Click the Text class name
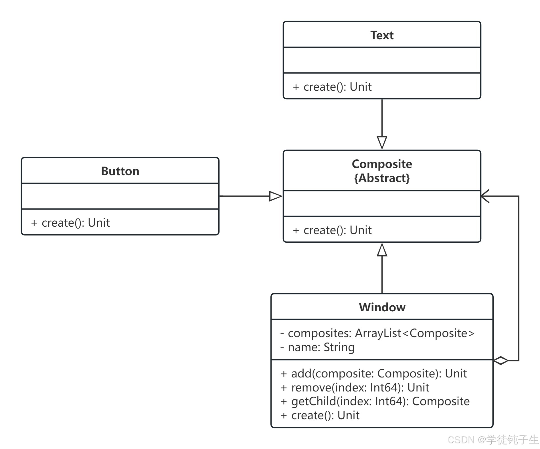click(382, 35)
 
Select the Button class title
click(120, 171)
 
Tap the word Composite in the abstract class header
click(382, 164)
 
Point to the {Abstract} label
click(382, 178)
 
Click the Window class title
click(382, 307)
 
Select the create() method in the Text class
click(332, 87)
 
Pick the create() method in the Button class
click(70, 223)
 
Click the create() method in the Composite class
click(332, 230)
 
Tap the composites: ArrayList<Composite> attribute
click(377, 333)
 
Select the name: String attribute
click(317, 347)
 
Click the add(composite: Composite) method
click(374, 373)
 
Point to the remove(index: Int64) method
click(355, 387)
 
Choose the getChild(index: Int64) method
click(375, 401)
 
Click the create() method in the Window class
click(320, 415)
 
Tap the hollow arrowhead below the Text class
click(382, 143)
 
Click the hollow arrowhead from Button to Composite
click(276, 196)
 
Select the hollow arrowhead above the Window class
click(382, 250)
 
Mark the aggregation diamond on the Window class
click(501, 361)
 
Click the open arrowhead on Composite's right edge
click(485, 196)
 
